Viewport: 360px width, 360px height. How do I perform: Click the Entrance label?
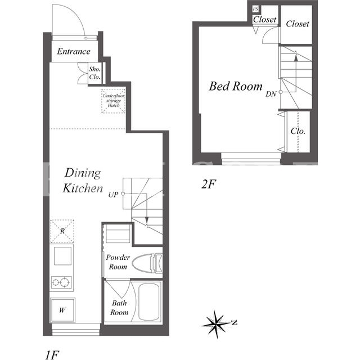pyautogui.click(x=74, y=51)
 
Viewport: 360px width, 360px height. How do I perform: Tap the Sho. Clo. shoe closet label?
pyautogui.click(x=94, y=73)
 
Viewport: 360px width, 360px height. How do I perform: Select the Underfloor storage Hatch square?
pyautogui.click(x=114, y=101)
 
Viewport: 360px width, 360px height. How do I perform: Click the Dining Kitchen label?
pyautogui.click(x=83, y=181)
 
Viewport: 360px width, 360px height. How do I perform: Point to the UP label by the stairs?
pyautogui.click(x=113, y=195)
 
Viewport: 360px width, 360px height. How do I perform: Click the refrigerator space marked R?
pyautogui.click(x=62, y=231)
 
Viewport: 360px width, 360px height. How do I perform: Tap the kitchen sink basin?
pyautogui.click(x=62, y=256)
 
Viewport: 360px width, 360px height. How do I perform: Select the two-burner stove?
pyautogui.click(x=61, y=282)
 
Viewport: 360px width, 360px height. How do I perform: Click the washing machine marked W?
pyautogui.click(x=62, y=310)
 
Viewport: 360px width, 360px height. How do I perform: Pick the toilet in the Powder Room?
pyautogui.click(x=147, y=263)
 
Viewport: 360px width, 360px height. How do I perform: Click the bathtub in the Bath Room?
pyautogui.click(x=149, y=301)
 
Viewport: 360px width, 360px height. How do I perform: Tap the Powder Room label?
pyautogui.click(x=118, y=262)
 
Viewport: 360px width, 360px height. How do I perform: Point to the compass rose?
pyautogui.click(x=216, y=324)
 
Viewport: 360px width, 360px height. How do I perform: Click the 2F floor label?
pyautogui.click(x=209, y=184)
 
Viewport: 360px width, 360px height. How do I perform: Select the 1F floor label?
pyautogui.click(x=52, y=355)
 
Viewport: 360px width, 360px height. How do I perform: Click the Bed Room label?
pyautogui.click(x=236, y=86)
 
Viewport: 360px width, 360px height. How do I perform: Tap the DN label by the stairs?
pyautogui.click(x=271, y=94)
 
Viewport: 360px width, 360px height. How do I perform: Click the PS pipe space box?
pyautogui.click(x=255, y=9)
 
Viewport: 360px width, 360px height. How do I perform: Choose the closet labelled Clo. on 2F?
pyautogui.click(x=298, y=132)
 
